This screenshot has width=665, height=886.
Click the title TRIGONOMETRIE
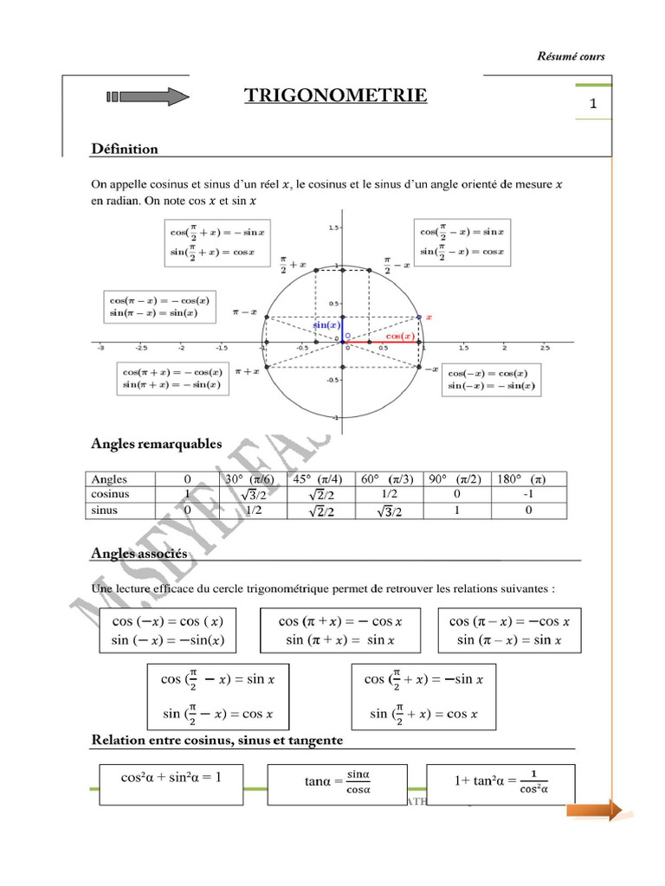click(335, 95)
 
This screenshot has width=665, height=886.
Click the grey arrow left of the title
click(145, 96)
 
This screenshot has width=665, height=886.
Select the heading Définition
click(125, 149)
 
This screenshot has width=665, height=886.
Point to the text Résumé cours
click(571, 57)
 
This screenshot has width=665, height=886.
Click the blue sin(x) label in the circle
click(327, 324)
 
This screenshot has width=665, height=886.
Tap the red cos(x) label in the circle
click(399, 336)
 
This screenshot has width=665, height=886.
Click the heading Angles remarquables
click(157, 444)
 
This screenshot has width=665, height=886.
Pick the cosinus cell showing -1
click(528, 494)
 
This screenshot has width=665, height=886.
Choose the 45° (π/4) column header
click(318, 478)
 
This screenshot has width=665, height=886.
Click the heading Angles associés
click(139, 552)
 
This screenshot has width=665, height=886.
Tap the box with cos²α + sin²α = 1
click(173, 777)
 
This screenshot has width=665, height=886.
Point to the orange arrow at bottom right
click(597, 810)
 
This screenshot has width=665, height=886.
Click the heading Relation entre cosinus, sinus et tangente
click(217, 741)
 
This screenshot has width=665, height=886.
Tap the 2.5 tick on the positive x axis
click(545, 347)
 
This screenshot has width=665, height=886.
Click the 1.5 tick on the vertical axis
click(332, 228)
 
